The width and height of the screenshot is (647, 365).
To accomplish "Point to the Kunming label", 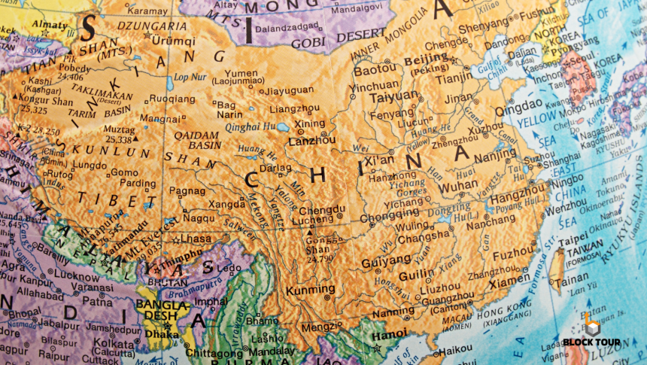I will point(309,289).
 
